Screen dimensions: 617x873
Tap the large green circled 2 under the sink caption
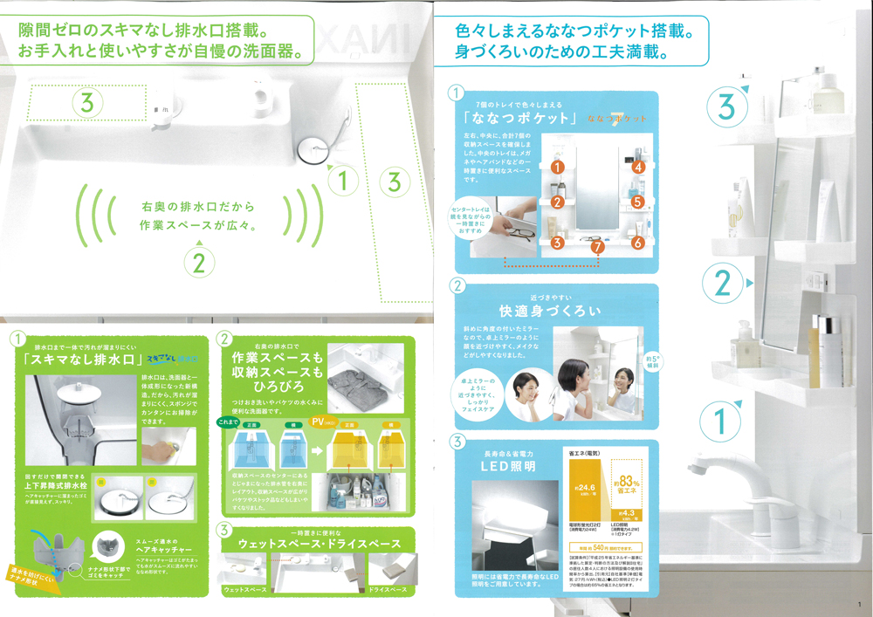(x=199, y=263)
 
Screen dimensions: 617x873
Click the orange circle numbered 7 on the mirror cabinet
(x=596, y=247)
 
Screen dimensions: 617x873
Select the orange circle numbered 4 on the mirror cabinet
(x=638, y=166)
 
